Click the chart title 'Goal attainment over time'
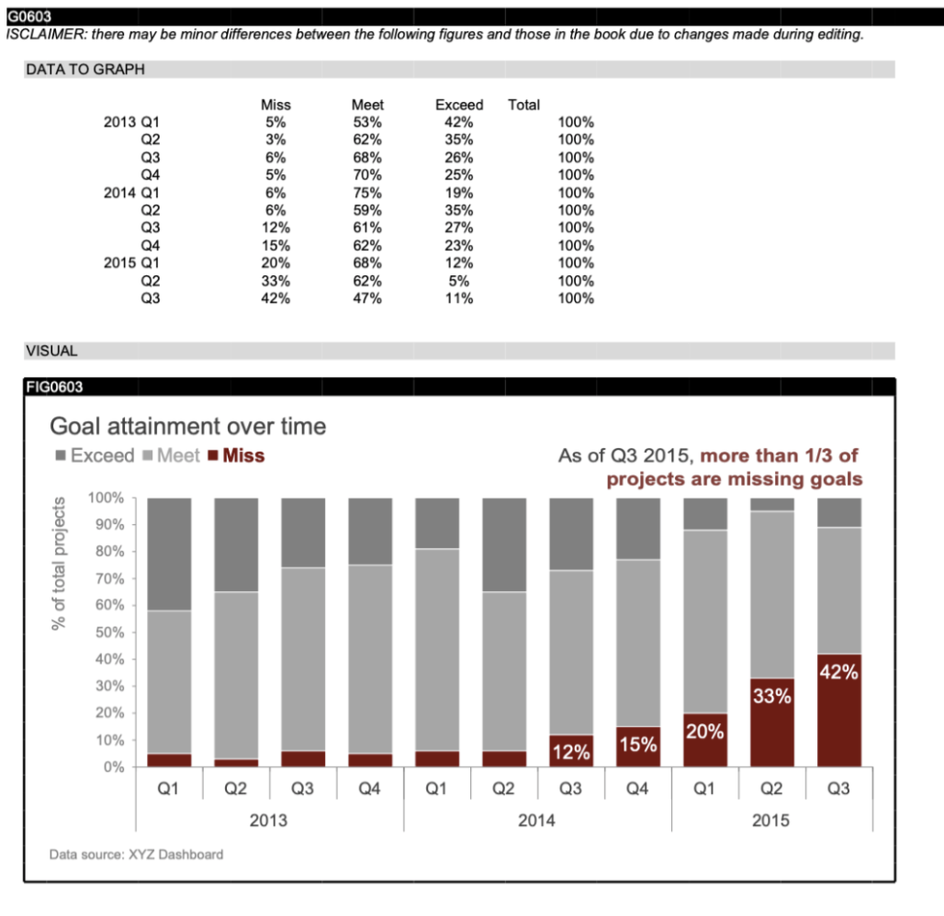[187, 427]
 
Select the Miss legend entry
[242, 456]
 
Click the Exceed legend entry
[102, 456]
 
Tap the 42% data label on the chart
[838, 673]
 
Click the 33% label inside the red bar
[771, 697]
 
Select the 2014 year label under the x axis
[536, 820]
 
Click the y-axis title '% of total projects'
[60, 563]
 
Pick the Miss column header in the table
[275, 105]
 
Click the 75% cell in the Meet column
[366, 193]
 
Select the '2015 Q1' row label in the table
[132, 263]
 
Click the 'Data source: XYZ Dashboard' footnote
[136, 855]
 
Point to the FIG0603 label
[55, 387]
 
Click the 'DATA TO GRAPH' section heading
[84, 70]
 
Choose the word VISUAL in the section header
[51, 351]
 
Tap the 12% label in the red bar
[570, 753]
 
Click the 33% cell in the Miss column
[275, 281]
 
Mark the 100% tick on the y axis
[106, 498]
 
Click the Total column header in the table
[523, 105]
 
